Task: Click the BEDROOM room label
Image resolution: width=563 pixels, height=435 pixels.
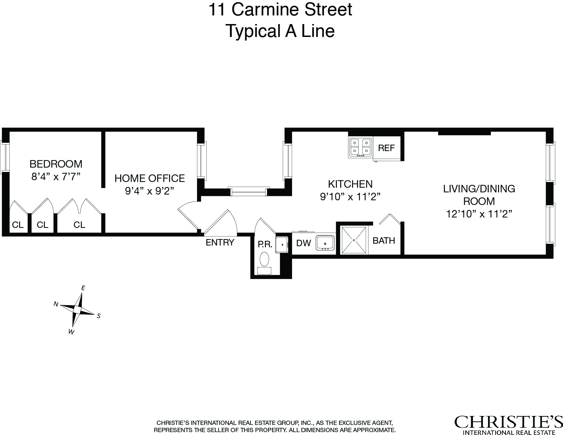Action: pos(56,164)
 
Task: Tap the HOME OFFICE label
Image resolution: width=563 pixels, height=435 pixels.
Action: pos(149,178)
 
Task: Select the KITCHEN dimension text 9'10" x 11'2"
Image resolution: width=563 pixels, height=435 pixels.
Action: pos(350,197)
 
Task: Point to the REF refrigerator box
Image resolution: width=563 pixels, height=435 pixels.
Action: pos(386,148)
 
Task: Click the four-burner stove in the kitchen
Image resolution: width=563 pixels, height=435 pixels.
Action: pos(361,147)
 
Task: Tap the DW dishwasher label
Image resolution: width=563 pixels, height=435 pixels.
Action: pos(304,243)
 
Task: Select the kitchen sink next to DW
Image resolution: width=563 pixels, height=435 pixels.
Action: pos(325,243)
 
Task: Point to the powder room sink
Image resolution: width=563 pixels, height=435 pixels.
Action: pos(282,244)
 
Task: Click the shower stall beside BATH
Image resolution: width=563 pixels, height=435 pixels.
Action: pos(354,240)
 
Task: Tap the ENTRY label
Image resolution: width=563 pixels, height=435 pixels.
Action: pos(220,243)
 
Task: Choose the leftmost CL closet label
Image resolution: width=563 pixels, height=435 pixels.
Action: pos(18,225)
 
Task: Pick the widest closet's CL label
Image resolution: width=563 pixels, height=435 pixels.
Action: pos(79,225)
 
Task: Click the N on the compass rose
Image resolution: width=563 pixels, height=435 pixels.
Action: pos(56,304)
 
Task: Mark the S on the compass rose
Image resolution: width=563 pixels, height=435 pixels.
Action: pos(99,316)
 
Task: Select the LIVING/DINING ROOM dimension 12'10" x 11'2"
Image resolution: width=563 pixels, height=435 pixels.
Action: pos(479,214)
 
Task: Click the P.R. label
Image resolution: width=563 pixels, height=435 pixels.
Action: pos(265,245)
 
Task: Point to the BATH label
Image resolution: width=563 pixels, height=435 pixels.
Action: pos(384,240)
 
